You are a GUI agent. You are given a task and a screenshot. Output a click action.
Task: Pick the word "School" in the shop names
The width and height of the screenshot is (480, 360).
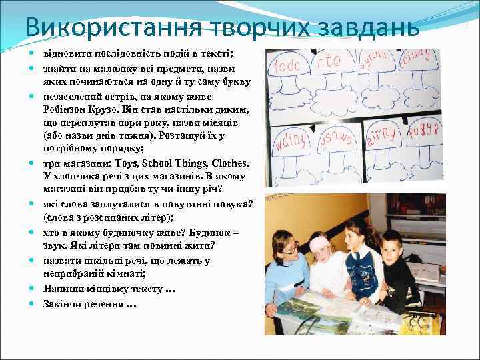(x=159, y=163)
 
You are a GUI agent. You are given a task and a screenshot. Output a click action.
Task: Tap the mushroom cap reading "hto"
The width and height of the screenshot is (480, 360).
(x=330, y=64)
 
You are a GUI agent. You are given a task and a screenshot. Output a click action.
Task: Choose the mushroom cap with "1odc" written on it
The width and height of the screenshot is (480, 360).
(x=288, y=67)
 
